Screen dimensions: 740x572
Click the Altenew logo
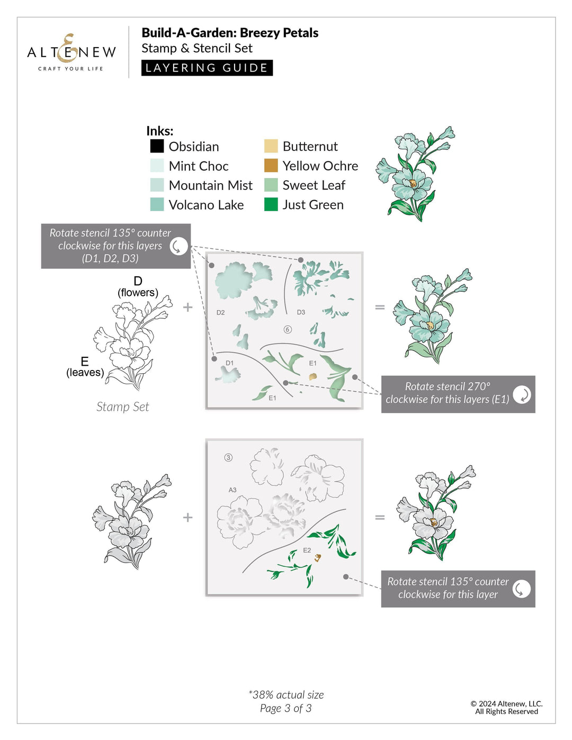[71, 52]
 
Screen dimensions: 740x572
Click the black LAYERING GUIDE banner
[207, 68]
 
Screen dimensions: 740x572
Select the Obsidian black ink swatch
[157, 146]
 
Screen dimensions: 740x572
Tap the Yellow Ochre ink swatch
[271, 166]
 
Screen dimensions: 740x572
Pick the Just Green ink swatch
[271, 204]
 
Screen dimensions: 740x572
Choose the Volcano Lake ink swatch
[157, 204]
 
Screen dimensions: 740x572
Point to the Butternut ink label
[310, 147]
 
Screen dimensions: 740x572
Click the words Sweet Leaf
[314, 185]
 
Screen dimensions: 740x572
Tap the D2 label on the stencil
[220, 313]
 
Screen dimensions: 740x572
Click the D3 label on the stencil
[301, 312]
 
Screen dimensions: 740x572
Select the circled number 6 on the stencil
[288, 329]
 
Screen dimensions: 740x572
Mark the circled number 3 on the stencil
[228, 457]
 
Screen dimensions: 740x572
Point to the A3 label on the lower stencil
[233, 490]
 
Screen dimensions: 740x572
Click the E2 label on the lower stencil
[307, 551]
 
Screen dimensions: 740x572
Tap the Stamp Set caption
[122, 407]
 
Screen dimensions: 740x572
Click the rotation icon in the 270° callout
[522, 394]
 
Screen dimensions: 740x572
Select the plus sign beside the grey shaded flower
[187, 517]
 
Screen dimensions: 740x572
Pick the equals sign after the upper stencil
[380, 307]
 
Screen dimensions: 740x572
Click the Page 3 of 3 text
[285, 708]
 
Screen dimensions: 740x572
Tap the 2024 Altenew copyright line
[506, 703]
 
